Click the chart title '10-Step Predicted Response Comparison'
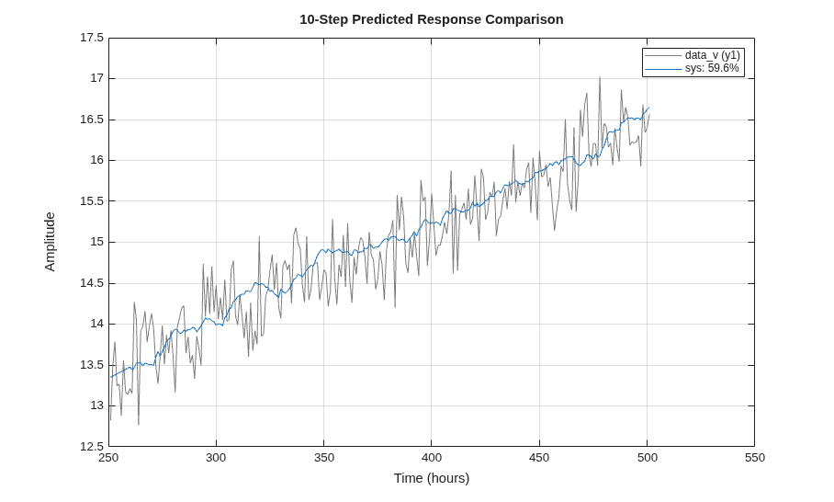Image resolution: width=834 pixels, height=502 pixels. coord(432,19)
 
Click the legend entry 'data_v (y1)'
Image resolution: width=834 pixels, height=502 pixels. coord(712,55)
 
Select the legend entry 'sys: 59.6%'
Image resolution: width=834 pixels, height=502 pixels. coord(712,68)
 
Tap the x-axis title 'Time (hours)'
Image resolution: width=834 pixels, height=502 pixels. coord(432,478)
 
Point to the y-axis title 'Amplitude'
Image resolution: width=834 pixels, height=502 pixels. coord(50,242)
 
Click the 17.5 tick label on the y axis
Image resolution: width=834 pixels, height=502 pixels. coord(92,38)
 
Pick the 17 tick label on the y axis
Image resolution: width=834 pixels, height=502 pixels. coord(96,78)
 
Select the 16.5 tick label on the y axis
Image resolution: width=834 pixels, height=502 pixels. coord(92,120)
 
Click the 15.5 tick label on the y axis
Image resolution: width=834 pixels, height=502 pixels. coord(92,201)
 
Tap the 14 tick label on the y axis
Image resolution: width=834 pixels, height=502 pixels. coord(96,324)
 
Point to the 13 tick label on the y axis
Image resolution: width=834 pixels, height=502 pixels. coord(96,405)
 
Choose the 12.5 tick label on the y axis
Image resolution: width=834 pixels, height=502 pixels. coord(92,447)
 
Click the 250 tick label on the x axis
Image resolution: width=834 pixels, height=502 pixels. coord(108,458)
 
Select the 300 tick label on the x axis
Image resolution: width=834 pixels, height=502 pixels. coord(216,458)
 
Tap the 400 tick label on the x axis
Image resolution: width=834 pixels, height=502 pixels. coord(432,458)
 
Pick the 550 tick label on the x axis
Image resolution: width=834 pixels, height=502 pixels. coord(755,458)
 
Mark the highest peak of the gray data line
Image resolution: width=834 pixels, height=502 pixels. coord(600,77)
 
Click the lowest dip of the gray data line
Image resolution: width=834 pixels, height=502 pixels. coord(139,424)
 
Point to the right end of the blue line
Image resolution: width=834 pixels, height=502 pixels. coord(648,108)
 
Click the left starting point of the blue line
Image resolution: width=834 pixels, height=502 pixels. coord(110,378)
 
